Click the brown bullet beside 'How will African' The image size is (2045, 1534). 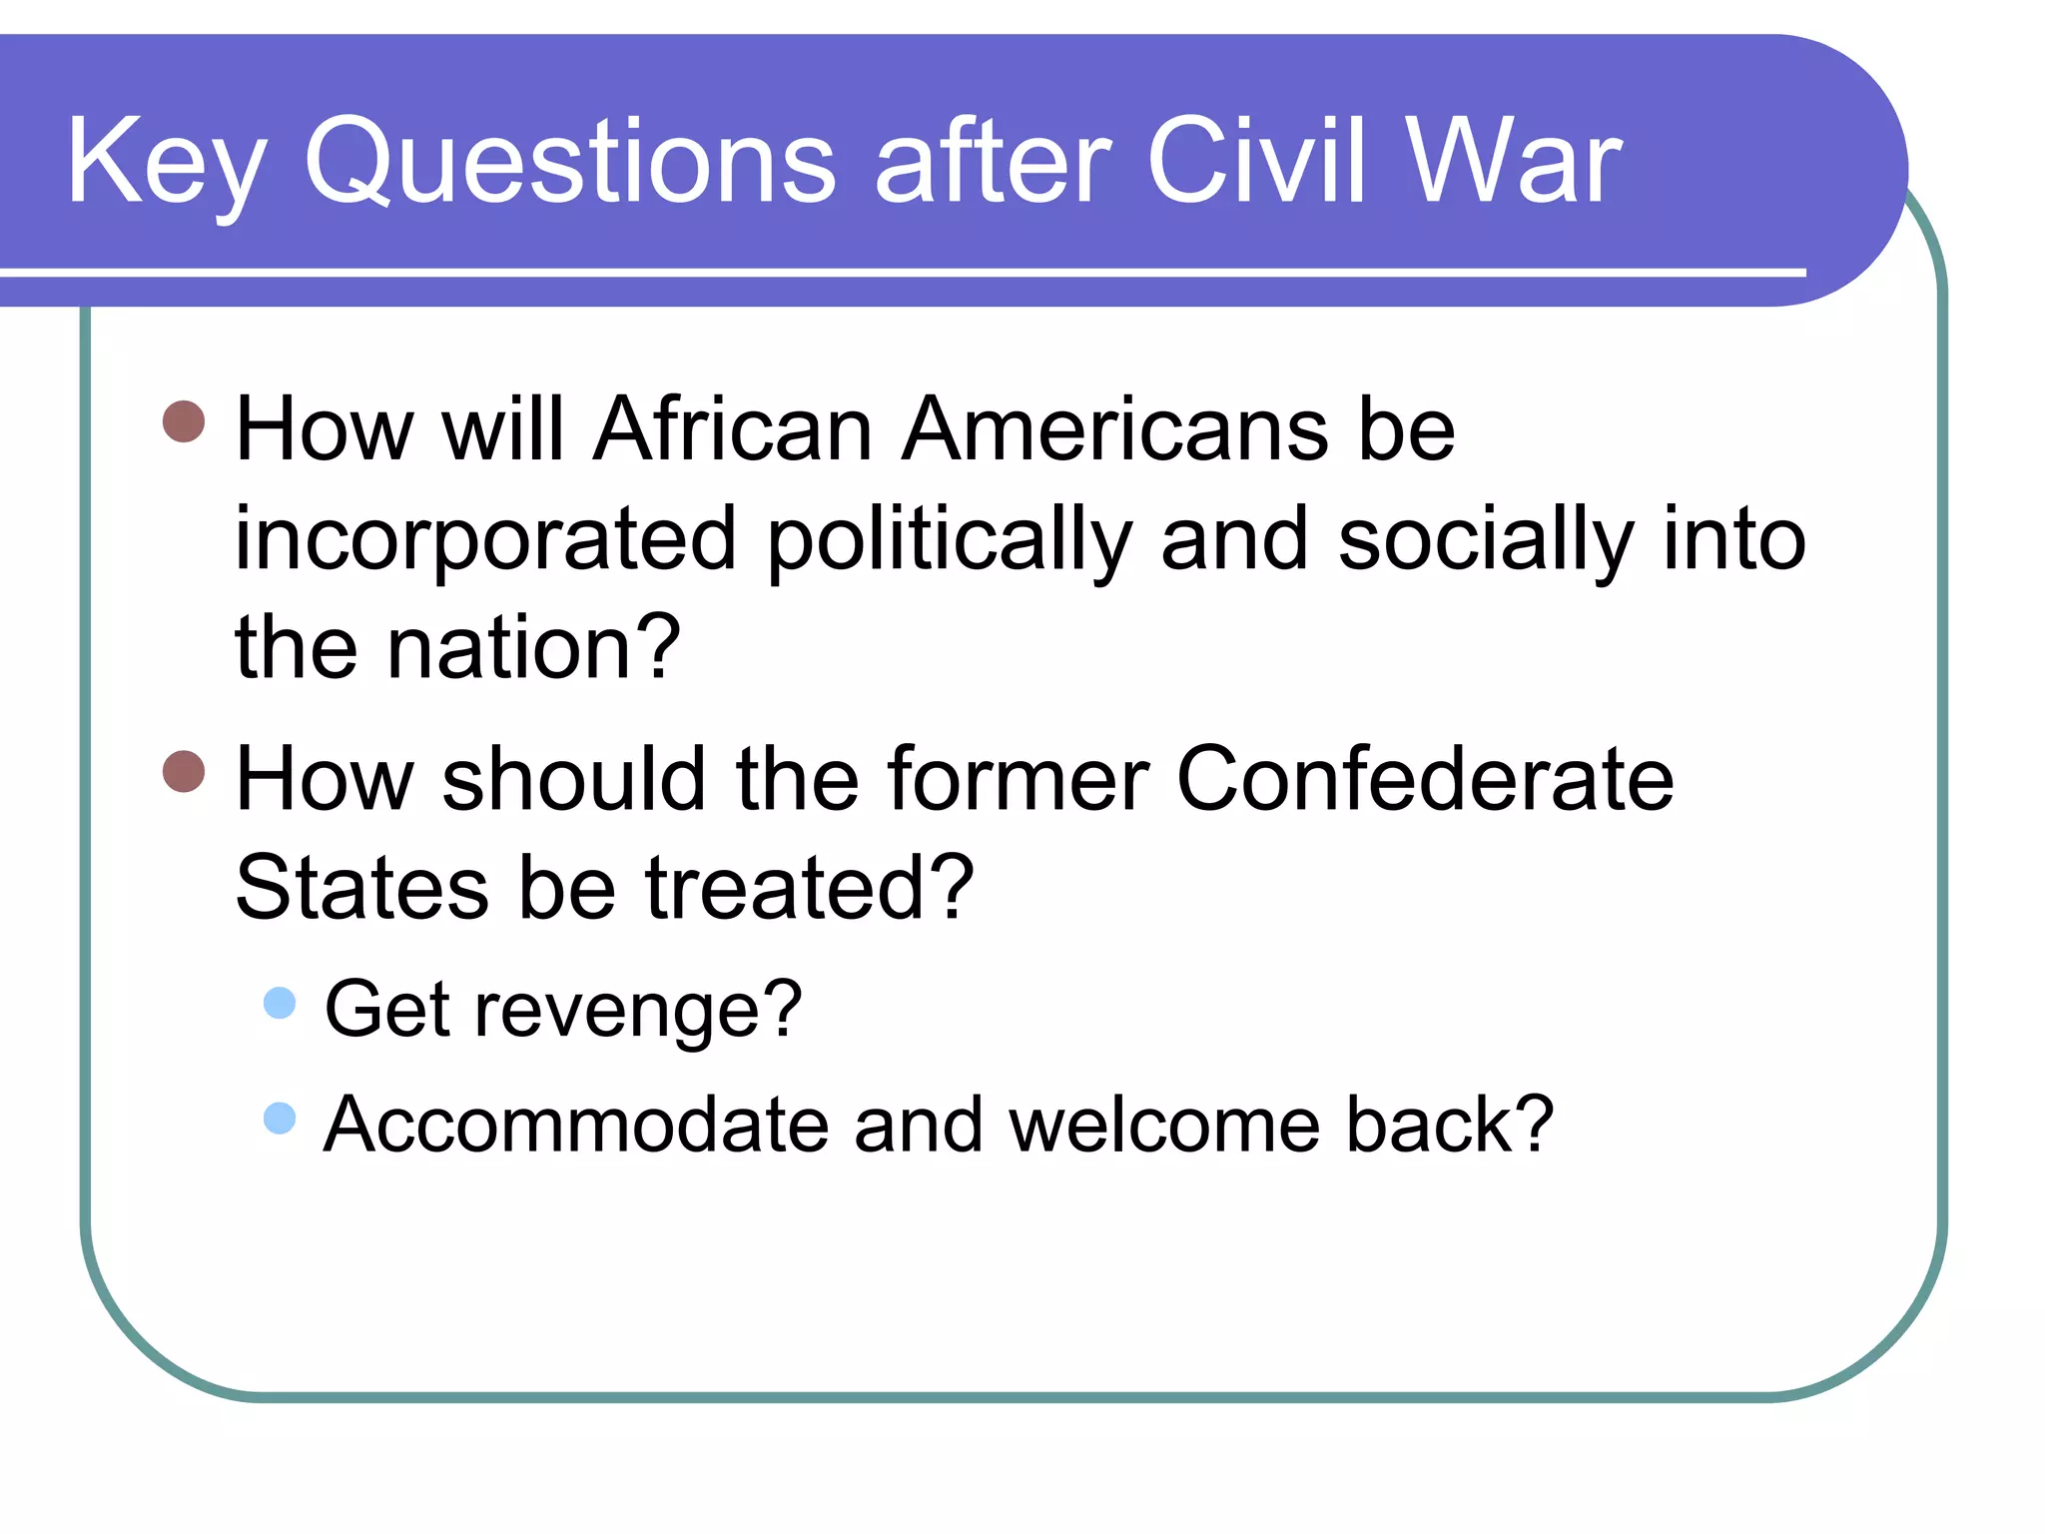click(x=184, y=421)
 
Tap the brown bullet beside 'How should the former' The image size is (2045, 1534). click(x=184, y=771)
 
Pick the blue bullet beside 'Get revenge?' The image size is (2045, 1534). click(x=280, y=1003)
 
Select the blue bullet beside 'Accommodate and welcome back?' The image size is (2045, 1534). click(x=280, y=1118)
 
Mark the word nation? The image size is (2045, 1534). click(x=533, y=649)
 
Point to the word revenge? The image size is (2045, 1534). click(x=638, y=1011)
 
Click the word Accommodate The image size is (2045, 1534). click(x=576, y=1126)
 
